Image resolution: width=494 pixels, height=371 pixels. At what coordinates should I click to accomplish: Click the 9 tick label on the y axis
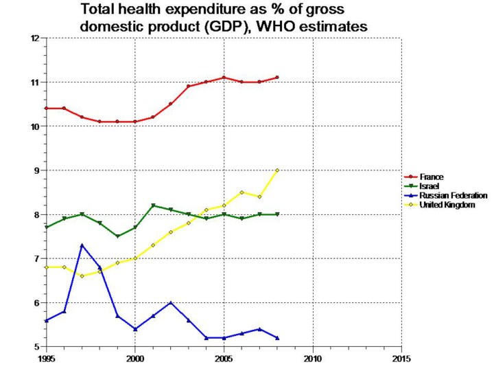[x=36, y=170]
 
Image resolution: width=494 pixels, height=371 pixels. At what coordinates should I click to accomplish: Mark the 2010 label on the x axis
[x=312, y=358]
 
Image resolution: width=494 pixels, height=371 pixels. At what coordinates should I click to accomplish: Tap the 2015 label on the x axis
[x=401, y=358]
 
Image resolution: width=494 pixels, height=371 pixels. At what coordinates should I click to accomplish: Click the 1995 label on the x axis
[x=46, y=358]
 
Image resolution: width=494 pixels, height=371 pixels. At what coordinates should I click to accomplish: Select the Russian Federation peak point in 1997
[x=82, y=245]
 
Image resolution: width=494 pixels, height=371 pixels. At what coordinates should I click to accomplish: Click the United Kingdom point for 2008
[x=277, y=170]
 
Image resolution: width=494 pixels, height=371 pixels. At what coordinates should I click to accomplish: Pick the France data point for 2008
[x=277, y=77]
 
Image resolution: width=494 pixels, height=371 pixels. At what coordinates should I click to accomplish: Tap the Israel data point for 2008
[x=277, y=214]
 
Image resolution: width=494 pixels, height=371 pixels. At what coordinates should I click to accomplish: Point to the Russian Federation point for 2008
[x=277, y=338]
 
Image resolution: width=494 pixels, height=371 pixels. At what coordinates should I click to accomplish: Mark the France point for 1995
[x=46, y=109]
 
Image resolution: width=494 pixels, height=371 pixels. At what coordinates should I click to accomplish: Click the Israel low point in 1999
[x=117, y=236]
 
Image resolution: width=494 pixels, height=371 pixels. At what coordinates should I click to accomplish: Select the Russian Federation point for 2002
[x=171, y=303]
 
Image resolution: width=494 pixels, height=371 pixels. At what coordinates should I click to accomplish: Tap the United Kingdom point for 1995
[x=46, y=267]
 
